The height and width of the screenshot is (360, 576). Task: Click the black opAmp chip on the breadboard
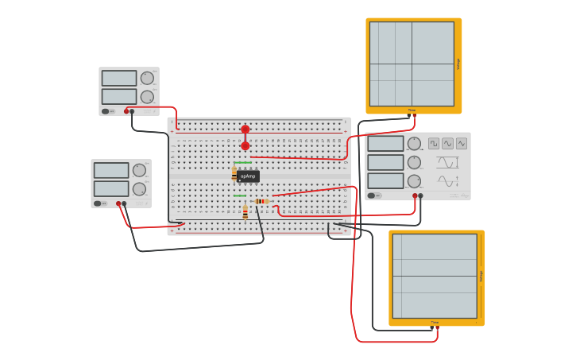248,176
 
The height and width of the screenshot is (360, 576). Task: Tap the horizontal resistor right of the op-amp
262,201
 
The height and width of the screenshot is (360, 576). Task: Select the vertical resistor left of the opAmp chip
234,174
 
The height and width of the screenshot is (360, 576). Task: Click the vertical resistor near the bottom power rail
245,212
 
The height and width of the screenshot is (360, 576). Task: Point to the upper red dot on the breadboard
245,129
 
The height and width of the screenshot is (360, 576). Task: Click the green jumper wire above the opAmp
242,163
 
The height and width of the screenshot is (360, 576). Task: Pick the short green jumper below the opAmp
239,195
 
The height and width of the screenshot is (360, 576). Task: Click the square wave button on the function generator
434,143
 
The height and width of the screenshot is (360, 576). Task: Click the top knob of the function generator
414,143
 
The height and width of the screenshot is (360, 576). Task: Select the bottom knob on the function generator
414,180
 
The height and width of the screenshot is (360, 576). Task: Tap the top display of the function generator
385,143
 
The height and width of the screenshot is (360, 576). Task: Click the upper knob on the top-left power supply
147,78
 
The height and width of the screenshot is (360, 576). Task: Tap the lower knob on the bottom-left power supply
139,189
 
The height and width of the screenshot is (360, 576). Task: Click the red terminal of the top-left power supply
126,111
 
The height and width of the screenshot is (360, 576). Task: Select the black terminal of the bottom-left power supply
124,203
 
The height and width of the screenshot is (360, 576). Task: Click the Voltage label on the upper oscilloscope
458,64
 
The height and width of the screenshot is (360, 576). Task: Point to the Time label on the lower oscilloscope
435,323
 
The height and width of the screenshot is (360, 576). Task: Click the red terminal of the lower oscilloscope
437,327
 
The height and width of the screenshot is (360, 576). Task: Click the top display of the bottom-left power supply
110,170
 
